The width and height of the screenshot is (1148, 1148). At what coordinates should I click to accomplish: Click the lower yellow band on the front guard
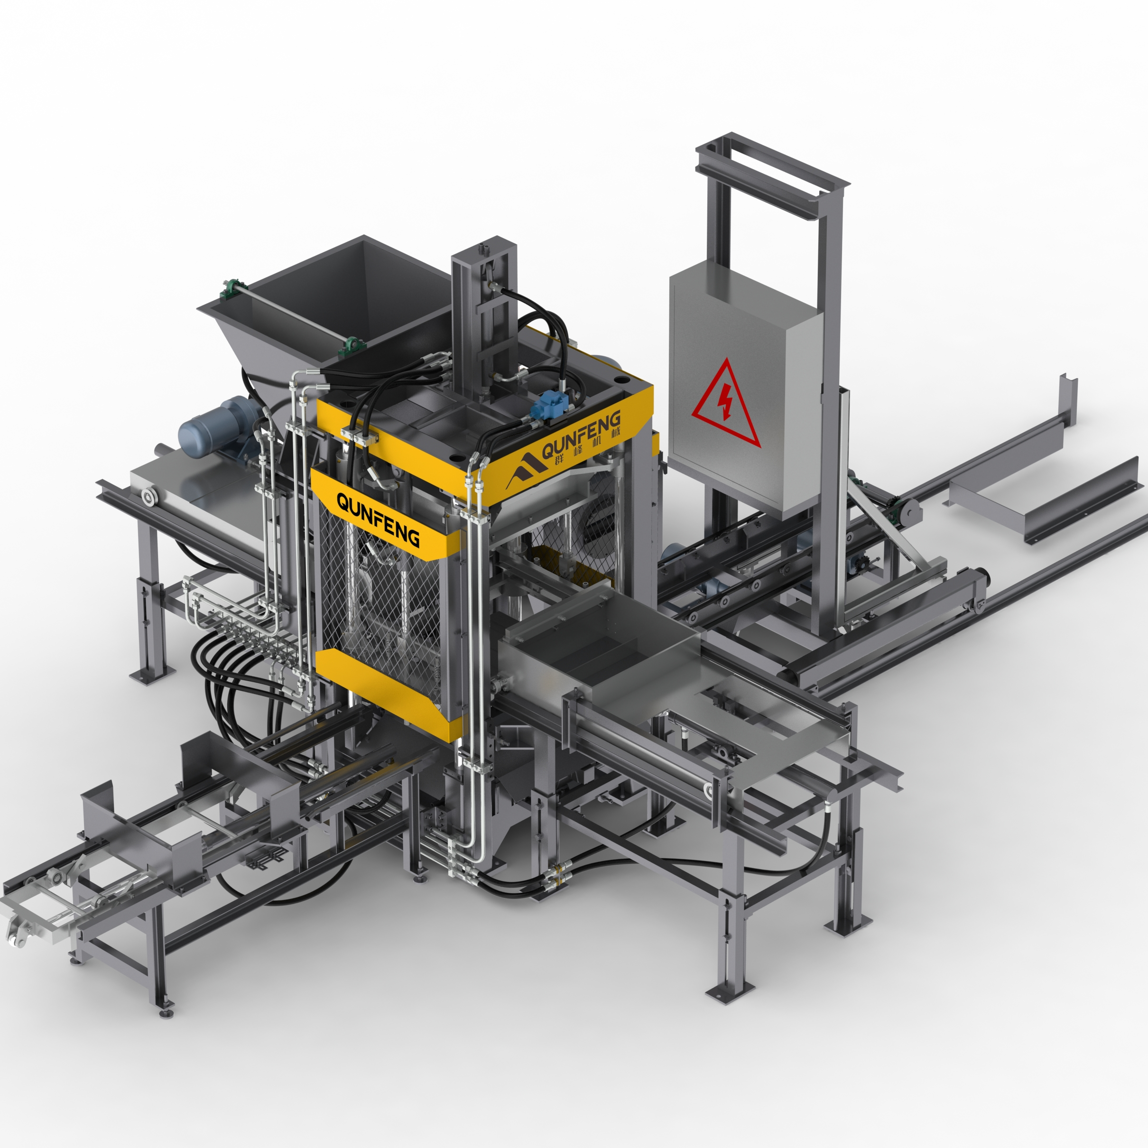pos(389,694)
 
